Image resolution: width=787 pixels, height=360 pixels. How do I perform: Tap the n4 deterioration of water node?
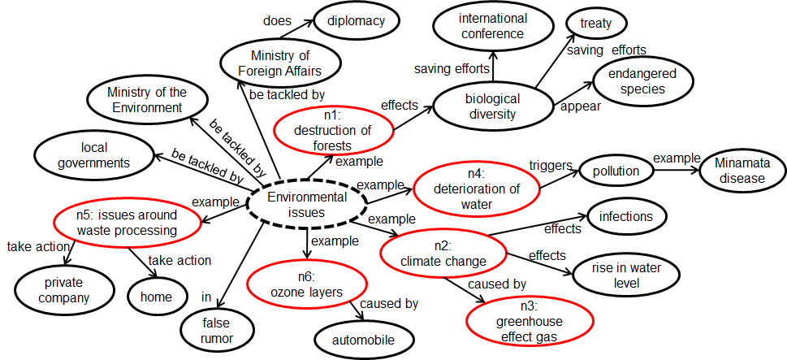click(x=475, y=189)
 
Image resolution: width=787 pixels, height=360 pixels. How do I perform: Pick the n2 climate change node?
click(x=443, y=253)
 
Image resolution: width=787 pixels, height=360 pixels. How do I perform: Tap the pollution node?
click(x=615, y=171)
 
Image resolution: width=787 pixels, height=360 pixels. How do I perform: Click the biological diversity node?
click(x=492, y=107)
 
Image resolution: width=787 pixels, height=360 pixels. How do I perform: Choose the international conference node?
click(x=491, y=26)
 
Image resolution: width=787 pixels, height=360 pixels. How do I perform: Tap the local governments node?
click(x=93, y=155)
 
